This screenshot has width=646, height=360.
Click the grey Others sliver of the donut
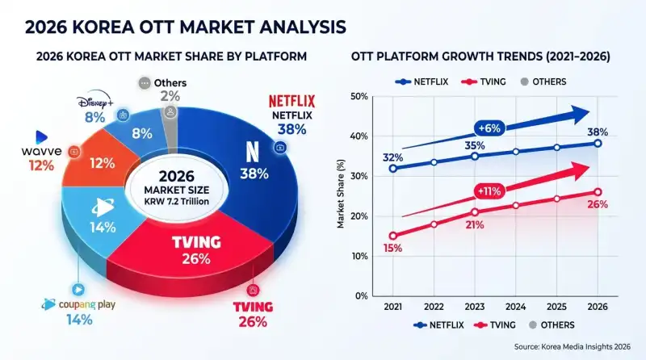coord(170,114)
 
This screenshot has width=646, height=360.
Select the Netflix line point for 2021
coord(393,169)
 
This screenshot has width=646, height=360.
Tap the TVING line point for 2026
coord(598,192)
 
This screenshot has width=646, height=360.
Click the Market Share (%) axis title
coord(342,196)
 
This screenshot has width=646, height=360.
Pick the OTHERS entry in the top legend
coord(542,82)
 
